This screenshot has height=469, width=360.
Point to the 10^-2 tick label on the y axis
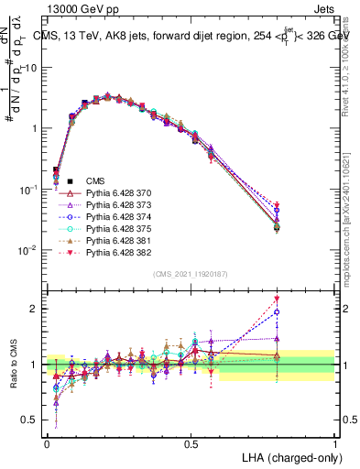pyautogui.click(x=30, y=250)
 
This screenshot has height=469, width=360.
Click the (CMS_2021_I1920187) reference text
pyautogui.click(x=191, y=273)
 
